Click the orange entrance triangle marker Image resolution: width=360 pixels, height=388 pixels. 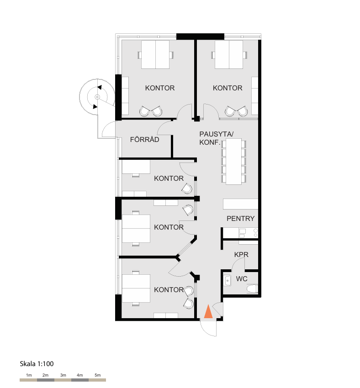[x=208, y=311]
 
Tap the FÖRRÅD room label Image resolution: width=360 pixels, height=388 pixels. [x=145, y=139]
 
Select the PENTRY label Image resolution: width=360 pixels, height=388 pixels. [x=240, y=219]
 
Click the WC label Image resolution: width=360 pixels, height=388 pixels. [x=242, y=279]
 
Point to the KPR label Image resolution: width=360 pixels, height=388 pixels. [x=241, y=255]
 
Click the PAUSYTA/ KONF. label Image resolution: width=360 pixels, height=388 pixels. [x=216, y=138]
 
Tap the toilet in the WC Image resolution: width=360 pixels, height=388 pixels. [x=252, y=288]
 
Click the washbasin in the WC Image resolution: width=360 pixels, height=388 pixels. [x=227, y=281]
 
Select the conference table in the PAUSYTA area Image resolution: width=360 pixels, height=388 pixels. [x=233, y=161]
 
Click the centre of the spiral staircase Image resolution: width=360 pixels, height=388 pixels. [x=97, y=97]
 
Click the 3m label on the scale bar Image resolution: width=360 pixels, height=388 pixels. [x=63, y=375]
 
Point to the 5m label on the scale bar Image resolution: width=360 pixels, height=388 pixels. [x=98, y=375]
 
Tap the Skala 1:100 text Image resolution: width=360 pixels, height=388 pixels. [x=37, y=364]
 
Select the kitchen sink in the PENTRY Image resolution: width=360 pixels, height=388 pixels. [x=242, y=233]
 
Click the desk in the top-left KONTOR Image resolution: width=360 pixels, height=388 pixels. [x=155, y=54]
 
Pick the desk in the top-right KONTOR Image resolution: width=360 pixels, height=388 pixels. [x=229, y=54]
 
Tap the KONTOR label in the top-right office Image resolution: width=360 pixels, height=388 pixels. [x=228, y=88]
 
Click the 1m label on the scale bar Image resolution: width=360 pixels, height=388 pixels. [x=29, y=375]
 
